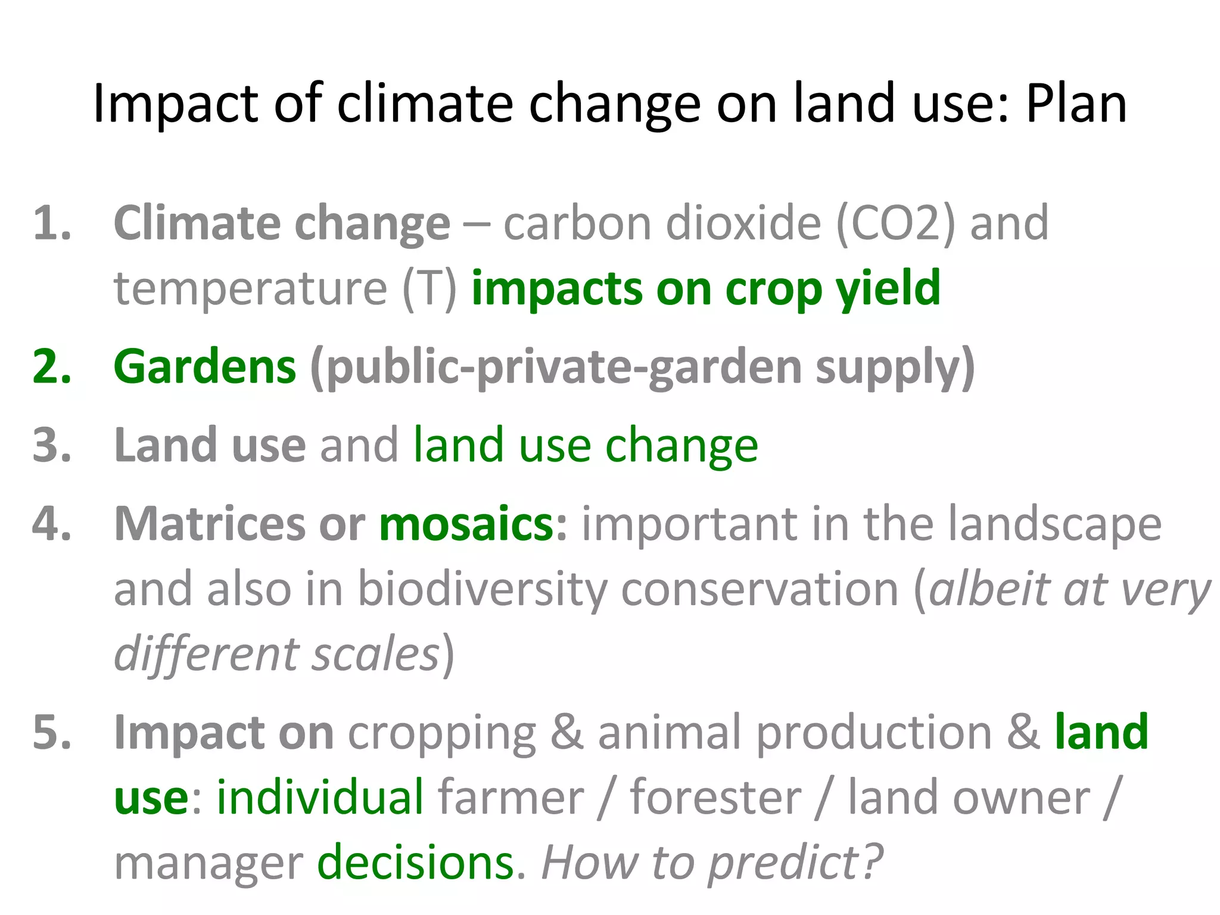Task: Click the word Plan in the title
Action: pos(1076,104)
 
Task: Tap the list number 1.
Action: pos(52,223)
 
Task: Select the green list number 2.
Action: pos(52,366)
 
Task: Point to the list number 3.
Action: pos(52,445)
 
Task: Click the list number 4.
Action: pos(52,524)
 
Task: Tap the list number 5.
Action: pos(52,732)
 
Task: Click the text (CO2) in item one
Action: pos(896,223)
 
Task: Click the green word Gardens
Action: pos(204,366)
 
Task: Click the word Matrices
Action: pos(209,524)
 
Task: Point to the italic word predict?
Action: pos(795,864)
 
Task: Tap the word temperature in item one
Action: pos(250,289)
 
